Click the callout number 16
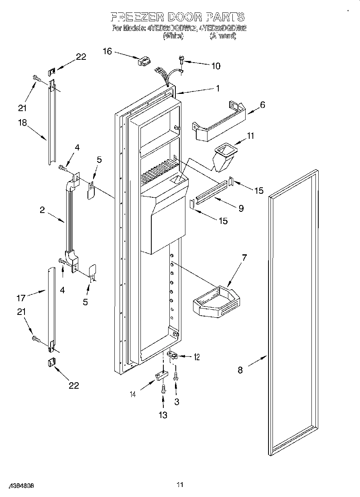[107, 51]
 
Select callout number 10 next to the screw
[216, 66]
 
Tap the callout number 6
[262, 105]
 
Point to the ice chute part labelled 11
[224, 157]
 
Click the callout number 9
[241, 208]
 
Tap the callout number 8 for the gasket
[240, 370]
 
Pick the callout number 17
[21, 298]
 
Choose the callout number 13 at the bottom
[163, 415]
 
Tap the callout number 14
[143, 394]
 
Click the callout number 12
[197, 357]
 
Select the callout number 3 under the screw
[177, 402]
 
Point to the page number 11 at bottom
[180, 485]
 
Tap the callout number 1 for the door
[218, 89]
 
